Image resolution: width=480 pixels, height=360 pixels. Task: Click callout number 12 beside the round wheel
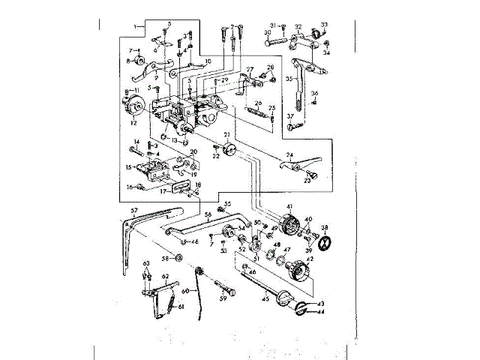tap(134, 121)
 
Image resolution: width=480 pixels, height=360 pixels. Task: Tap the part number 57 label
tap(134, 211)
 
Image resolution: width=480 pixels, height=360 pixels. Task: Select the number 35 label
tap(289, 78)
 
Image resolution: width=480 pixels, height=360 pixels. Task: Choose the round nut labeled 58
tap(178, 258)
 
